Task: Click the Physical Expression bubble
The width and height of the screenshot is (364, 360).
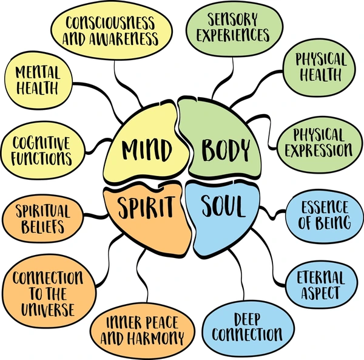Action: [x=319, y=141]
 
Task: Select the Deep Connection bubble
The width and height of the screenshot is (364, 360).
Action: [x=244, y=326]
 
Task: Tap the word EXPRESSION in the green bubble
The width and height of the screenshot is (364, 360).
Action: [x=319, y=149]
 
